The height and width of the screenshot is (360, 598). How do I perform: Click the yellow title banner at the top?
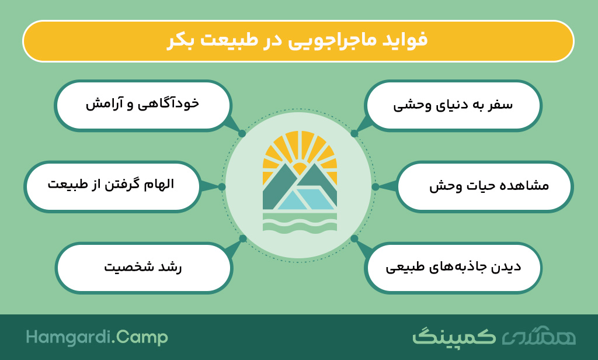click(x=298, y=41)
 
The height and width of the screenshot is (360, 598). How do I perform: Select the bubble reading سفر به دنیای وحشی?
click(x=453, y=106)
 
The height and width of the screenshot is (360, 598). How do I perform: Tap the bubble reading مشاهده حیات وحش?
click(x=485, y=186)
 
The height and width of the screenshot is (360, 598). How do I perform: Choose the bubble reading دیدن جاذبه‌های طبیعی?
click(x=453, y=268)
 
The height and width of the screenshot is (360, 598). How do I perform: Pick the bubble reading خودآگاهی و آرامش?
click(x=143, y=106)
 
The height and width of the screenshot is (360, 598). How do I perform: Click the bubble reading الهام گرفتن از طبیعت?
click(x=113, y=186)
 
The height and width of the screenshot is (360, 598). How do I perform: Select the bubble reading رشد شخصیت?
click(x=144, y=268)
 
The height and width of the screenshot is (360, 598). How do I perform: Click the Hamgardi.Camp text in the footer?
click(x=97, y=338)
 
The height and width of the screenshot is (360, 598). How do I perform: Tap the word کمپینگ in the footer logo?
click(x=454, y=336)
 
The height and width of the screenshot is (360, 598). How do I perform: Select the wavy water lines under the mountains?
click(x=300, y=223)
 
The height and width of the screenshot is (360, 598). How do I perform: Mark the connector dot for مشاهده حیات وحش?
click(x=376, y=186)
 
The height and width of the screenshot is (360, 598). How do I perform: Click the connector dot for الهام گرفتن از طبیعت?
click(x=222, y=186)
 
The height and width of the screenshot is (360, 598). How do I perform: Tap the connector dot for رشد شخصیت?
click(x=242, y=238)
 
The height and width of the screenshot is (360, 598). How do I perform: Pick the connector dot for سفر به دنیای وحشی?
click(x=354, y=133)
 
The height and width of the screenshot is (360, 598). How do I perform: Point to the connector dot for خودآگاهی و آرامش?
click(x=242, y=133)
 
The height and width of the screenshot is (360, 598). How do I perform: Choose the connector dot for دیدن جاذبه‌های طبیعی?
click(x=354, y=238)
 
